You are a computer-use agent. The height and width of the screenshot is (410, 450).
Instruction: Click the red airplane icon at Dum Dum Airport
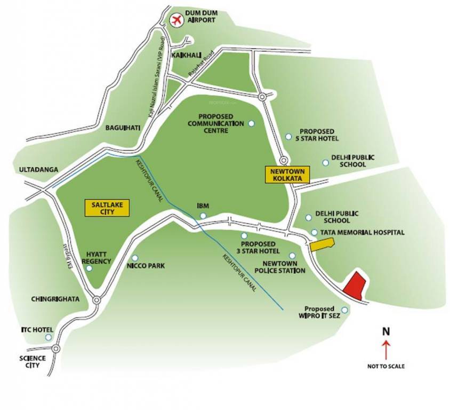coord(175,20)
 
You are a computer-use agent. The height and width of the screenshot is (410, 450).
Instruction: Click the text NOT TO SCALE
coord(385,366)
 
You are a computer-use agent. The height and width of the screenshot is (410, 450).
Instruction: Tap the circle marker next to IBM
coord(203,215)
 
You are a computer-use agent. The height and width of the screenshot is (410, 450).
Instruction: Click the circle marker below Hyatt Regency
coord(89,268)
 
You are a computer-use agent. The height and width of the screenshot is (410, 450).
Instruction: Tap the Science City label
coord(33,361)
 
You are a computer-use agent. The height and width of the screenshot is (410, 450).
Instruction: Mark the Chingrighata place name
coord(55,299)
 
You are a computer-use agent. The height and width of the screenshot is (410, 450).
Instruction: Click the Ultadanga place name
coord(38,169)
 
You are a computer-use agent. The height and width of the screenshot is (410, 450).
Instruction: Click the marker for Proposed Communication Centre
coord(252,123)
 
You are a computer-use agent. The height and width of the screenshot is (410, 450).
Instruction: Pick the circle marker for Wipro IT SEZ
coord(344,310)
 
